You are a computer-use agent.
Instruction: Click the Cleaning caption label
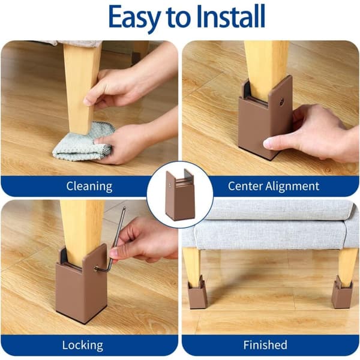click(89, 187)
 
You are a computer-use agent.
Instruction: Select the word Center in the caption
click(245, 186)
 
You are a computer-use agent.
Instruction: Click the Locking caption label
click(83, 345)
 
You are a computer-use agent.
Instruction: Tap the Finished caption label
click(265, 345)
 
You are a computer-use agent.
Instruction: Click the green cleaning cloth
click(84, 142)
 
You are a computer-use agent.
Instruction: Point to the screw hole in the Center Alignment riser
click(282, 101)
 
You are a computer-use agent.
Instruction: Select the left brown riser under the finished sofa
click(197, 292)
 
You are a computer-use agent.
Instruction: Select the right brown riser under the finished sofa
click(343, 292)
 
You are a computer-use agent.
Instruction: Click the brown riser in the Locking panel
click(81, 283)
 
